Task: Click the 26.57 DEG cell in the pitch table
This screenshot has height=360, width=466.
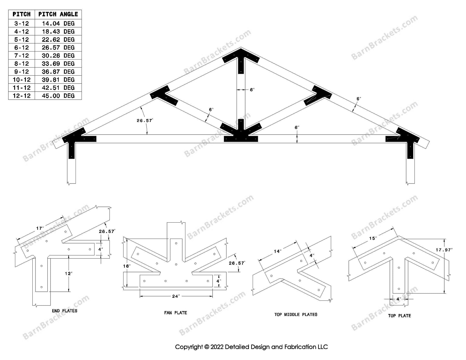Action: tap(58, 48)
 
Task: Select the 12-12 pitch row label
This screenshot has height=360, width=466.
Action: tap(21, 96)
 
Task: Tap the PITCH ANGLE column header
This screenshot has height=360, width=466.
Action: tap(58, 14)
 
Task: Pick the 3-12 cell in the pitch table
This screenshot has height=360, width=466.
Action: tap(21, 24)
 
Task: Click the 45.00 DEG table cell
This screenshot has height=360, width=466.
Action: tap(58, 96)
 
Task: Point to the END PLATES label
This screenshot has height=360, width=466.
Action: tap(64, 311)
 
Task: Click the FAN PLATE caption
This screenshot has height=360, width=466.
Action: tap(175, 313)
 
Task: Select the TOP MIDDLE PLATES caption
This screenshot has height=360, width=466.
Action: tap(296, 314)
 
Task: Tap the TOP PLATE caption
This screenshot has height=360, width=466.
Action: tap(399, 315)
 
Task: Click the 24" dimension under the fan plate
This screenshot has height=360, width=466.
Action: tap(176, 296)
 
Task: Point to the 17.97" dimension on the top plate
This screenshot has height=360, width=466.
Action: tap(444, 250)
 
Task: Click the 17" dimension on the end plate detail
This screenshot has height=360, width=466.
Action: tap(40, 228)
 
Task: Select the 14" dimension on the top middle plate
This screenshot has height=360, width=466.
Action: tap(277, 251)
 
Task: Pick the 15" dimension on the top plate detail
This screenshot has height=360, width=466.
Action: tap(372, 238)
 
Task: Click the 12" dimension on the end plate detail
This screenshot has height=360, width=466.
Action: tap(68, 273)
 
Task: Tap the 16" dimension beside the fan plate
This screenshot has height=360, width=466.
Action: tap(126, 266)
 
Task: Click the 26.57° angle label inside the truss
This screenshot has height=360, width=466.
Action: tap(144, 120)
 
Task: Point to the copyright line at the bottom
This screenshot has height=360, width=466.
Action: tap(251, 347)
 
